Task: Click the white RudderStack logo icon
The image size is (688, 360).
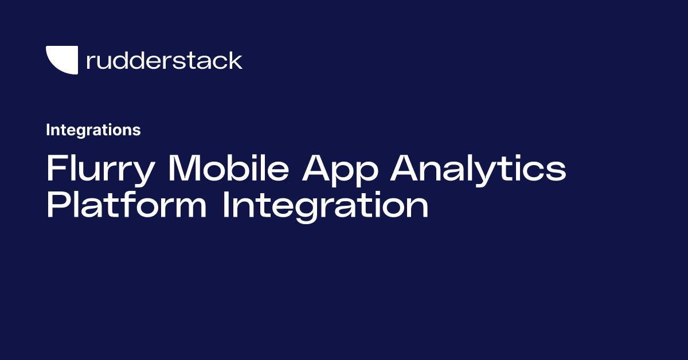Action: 61,60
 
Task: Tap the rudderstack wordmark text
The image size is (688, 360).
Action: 164,60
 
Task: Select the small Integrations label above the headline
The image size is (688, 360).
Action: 93,130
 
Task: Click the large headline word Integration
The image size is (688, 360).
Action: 326,206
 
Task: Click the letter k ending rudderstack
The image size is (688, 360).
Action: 236,60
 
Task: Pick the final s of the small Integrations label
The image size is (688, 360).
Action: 137,131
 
